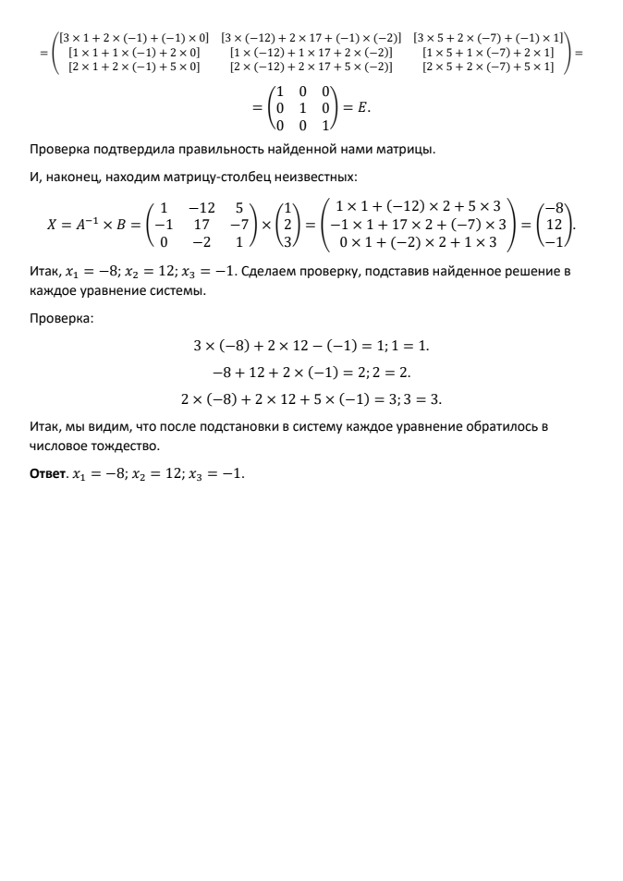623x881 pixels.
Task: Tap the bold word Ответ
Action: (x=44, y=474)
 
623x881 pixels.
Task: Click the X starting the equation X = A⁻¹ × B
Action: (x=53, y=224)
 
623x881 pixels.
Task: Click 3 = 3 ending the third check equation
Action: (x=421, y=400)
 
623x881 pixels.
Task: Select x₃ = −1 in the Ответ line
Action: (x=218, y=474)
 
